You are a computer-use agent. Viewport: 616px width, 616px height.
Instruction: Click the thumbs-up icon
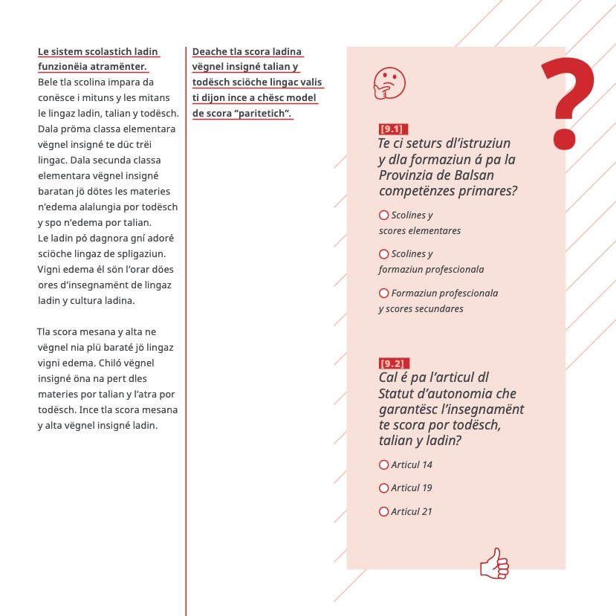tap(494, 564)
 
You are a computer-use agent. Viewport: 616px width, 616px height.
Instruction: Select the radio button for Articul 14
tap(384, 465)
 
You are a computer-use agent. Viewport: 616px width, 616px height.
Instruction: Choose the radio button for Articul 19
tap(384, 488)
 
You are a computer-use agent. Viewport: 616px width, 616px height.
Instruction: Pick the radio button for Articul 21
tap(384, 511)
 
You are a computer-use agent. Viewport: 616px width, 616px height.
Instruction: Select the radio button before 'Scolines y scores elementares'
tap(384, 215)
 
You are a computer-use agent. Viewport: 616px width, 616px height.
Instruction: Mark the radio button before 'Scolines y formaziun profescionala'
tap(384, 254)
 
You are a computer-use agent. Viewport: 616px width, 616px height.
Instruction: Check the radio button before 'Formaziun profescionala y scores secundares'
tap(384, 293)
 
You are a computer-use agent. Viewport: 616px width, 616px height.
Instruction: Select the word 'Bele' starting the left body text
tap(47, 81)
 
